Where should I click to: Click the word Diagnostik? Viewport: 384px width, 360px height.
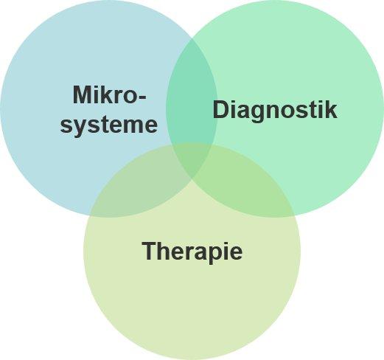tap(275, 111)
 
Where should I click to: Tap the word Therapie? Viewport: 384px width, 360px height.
tap(192, 252)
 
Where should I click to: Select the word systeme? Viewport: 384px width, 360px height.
tap(108, 125)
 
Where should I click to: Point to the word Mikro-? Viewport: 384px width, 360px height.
tap(109, 94)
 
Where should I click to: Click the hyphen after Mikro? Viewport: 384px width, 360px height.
tap(141, 97)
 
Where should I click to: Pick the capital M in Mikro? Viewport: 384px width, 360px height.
tap(82, 94)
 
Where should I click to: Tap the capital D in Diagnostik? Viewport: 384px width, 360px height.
tap(221, 109)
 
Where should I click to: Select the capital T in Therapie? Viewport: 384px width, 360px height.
tap(150, 251)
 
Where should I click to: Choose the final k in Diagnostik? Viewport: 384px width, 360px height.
tap(330, 109)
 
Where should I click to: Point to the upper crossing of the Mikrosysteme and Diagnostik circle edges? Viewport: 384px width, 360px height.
tap(192, 39)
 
